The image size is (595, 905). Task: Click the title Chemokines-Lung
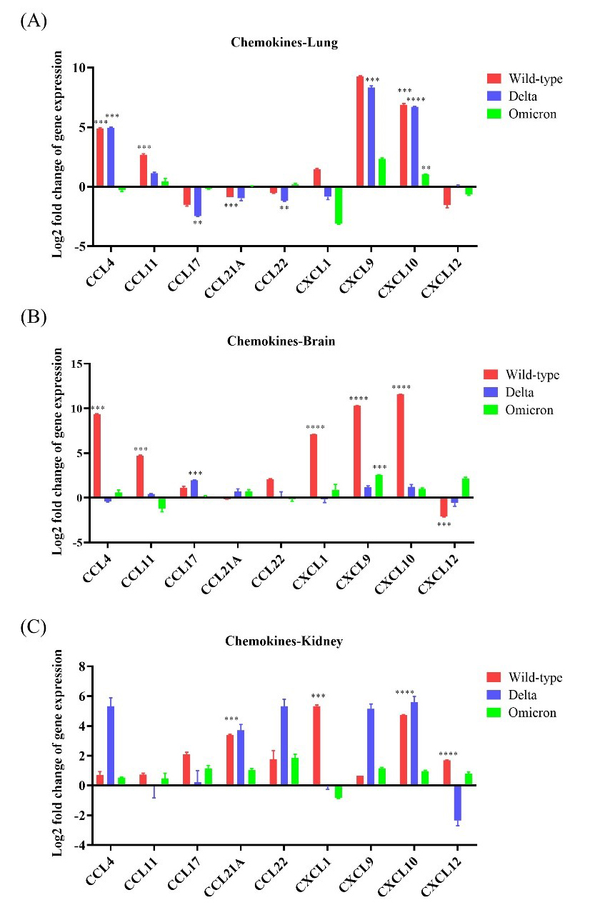284,42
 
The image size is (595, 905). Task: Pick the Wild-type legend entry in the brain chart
532,374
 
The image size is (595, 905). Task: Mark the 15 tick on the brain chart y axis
77,364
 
